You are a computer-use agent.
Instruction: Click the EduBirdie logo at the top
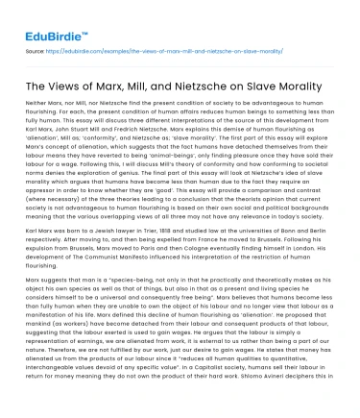[45, 17]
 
